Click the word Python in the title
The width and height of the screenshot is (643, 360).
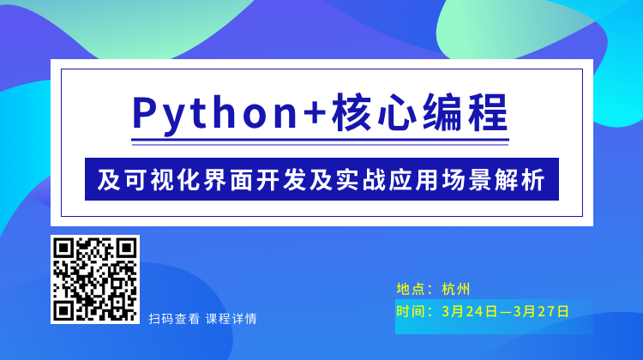point(215,114)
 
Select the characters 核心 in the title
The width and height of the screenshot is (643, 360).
point(374,113)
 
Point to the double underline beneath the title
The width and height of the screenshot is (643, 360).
point(320,142)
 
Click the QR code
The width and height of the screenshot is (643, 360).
point(95,279)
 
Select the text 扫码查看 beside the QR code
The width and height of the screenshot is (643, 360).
point(174,319)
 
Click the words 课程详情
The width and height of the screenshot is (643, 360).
point(231,319)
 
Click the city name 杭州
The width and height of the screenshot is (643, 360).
point(455,289)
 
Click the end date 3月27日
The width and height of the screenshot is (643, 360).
point(541,312)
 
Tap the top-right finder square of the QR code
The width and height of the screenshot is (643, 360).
point(126,248)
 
